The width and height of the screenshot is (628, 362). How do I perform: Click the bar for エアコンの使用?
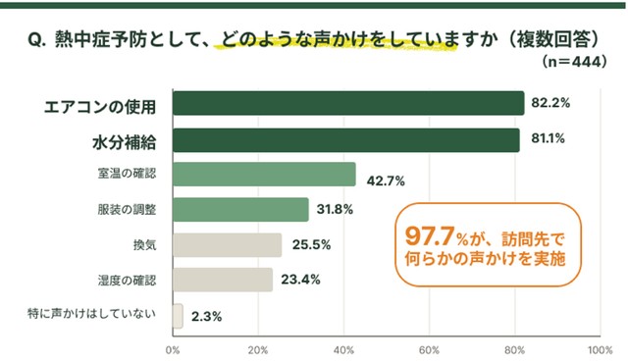pos(348,103)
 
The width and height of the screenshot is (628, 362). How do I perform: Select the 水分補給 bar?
pos(346,140)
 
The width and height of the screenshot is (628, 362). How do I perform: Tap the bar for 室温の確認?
pos(264,175)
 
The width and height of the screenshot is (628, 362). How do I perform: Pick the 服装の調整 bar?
pos(240,209)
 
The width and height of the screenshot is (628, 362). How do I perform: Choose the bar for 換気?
pos(227,245)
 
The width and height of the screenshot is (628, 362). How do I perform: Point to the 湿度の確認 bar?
pos(223,280)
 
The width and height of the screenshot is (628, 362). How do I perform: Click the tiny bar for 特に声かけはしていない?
pos(178,316)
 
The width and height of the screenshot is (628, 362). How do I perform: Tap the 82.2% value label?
pos(550,103)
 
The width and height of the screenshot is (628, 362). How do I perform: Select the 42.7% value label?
pos(386,181)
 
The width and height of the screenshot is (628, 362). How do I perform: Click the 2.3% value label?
pos(206,317)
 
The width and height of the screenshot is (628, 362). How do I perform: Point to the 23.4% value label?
pos(300,280)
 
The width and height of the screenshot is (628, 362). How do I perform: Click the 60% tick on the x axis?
pos(429,350)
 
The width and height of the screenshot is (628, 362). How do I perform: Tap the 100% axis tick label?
pos(600,350)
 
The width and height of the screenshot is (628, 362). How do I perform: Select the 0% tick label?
pos(173,350)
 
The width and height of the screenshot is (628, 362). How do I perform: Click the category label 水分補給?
pos(125,142)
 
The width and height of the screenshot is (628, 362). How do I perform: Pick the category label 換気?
pos(144,245)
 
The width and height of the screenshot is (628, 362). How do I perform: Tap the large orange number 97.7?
pos(430,235)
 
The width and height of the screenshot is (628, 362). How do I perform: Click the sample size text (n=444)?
pos(574,62)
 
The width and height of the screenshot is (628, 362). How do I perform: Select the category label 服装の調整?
pos(127,209)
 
